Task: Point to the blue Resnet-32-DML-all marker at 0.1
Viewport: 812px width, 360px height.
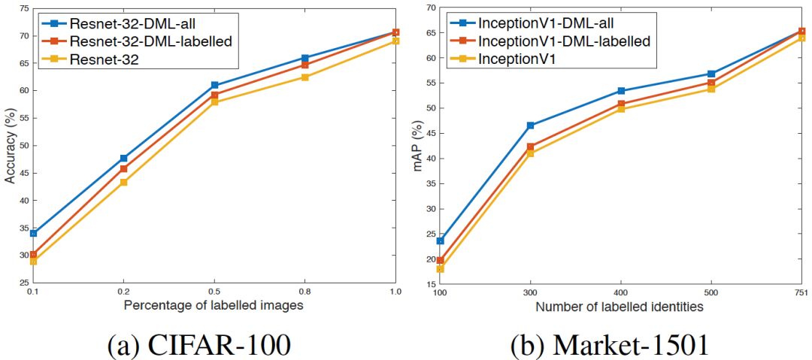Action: click(x=33, y=234)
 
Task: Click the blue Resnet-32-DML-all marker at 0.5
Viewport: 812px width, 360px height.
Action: click(x=214, y=86)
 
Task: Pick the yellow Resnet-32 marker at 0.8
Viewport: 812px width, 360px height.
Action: click(x=304, y=77)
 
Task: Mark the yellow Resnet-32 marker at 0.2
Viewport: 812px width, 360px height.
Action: click(x=123, y=182)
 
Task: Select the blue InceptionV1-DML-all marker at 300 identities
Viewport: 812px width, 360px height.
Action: click(x=530, y=126)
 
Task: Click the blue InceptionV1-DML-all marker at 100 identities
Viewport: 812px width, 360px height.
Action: click(x=440, y=241)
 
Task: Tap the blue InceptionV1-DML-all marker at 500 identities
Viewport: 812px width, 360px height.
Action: click(x=711, y=74)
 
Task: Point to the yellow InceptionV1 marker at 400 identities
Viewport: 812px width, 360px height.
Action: click(x=621, y=109)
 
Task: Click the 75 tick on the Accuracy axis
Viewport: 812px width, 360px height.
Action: click(x=23, y=8)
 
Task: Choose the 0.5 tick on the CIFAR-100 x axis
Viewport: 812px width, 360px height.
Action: click(x=214, y=292)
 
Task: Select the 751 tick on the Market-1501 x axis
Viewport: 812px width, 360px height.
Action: click(x=801, y=292)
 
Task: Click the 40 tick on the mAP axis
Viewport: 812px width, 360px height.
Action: click(x=430, y=159)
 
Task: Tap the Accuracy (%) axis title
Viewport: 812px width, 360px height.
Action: click(x=9, y=147)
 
